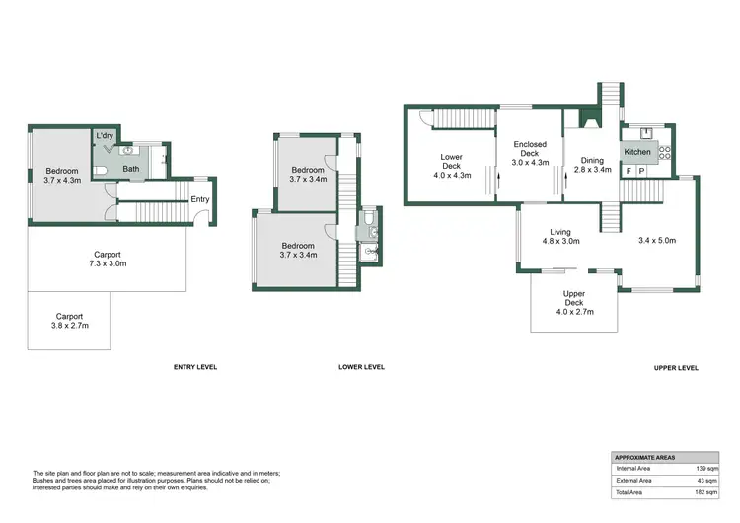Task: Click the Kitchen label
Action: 636,152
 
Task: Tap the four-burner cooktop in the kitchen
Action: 665,152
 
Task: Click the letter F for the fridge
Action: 629,171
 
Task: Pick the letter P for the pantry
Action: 642,171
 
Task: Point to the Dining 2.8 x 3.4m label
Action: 592,165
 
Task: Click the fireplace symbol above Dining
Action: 591,119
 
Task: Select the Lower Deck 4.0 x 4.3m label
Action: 452,166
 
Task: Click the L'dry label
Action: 105,136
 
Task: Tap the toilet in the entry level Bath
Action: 104,170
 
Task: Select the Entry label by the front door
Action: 200,199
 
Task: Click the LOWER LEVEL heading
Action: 361,367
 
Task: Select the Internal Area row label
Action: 633,469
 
